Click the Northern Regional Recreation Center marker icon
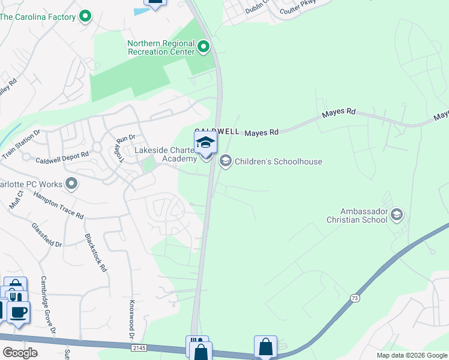(204, 46)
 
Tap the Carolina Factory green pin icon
(85, 16)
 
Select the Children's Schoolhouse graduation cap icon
(226, 161)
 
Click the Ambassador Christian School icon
(396, 214)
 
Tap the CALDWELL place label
(217, 131)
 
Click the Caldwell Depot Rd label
(62, 158)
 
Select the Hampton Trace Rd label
(58, 206)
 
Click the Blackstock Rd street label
(95, 253)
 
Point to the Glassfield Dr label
(46, 235)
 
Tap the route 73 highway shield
(355, 298)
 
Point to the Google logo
(20, 352)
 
